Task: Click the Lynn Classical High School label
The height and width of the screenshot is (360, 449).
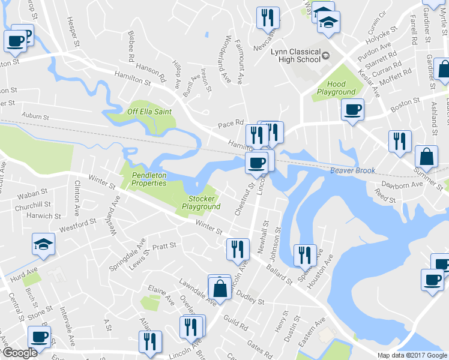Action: [x=295, y=55]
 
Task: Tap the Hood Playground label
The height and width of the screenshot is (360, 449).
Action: [x=337, y=88]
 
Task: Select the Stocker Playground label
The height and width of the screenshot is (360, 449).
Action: [x=201, y=202]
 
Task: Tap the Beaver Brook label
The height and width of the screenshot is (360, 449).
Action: [x=352, y=170]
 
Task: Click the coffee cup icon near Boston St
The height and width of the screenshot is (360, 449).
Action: [x=352, y=109]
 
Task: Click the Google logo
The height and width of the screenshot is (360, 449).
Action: [x=20, y=353]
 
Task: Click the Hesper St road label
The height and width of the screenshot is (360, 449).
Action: [x=74, y=32]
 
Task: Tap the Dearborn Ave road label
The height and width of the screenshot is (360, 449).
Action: [x=405, y=185]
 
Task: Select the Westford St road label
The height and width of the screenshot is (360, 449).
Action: [x=77, y=226]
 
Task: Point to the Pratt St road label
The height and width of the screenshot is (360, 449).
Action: [x=163, y=246]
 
